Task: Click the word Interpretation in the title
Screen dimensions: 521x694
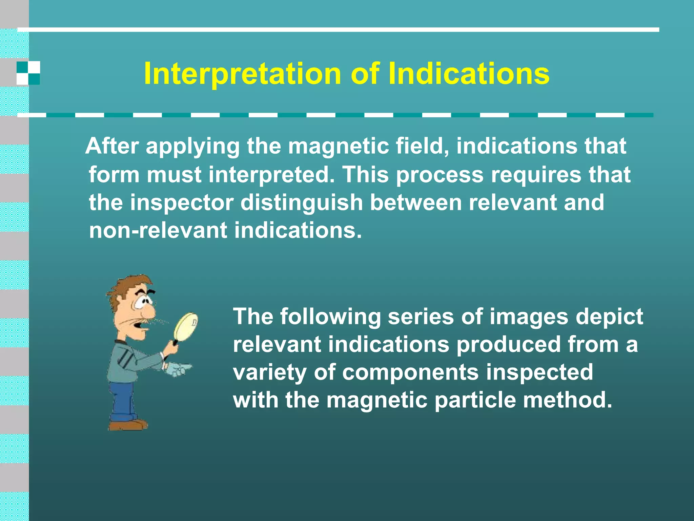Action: [x=243, y=74]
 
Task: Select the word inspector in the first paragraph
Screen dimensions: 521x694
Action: [x=182, y=202]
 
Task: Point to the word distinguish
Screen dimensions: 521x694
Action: [x=302, y=202]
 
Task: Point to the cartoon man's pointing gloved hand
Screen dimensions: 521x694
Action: [x=178, y=369]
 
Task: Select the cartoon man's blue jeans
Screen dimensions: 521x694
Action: [x=122, y=400]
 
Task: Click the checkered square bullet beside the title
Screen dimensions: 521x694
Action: [x=28, y=73]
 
